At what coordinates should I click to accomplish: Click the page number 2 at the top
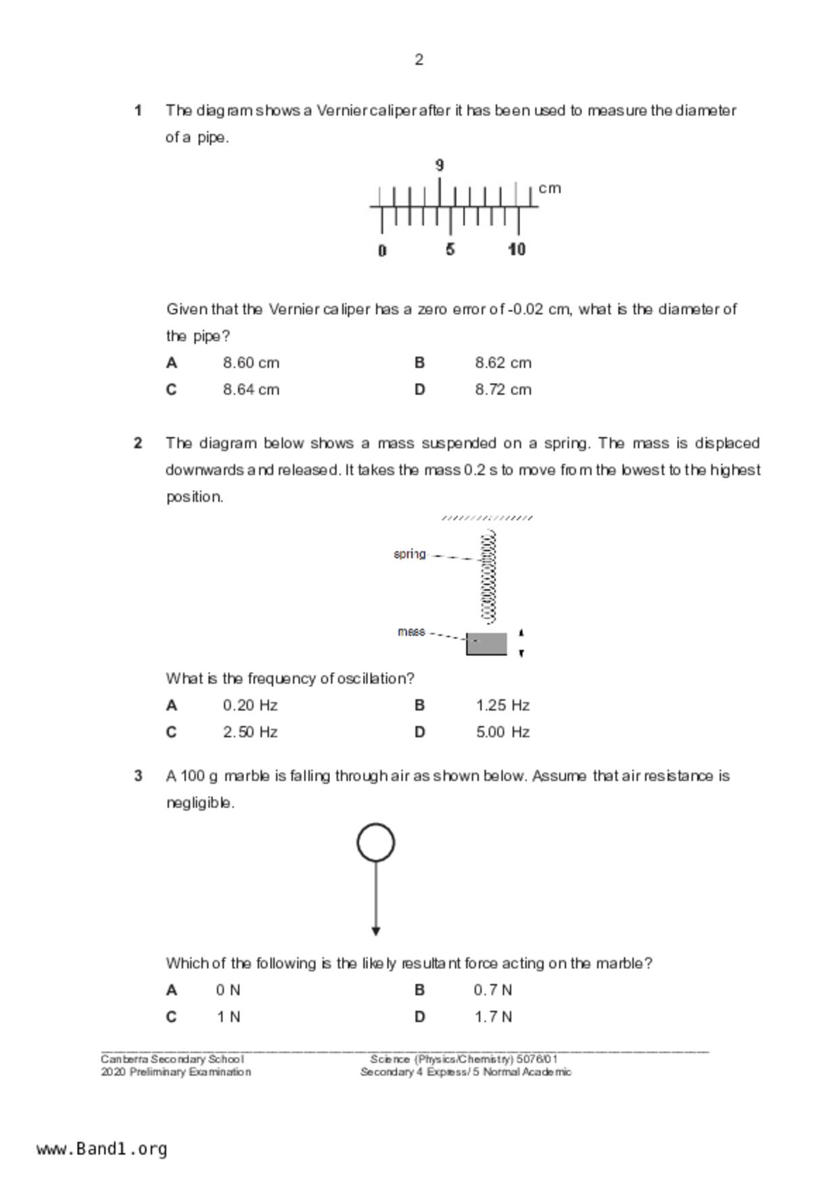[419, 60]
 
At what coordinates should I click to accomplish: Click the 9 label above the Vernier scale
[440, 165]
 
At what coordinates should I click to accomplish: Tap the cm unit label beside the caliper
[550, 188]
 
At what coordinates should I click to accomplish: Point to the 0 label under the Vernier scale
[382, 250]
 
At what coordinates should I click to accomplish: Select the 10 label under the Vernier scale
[517, 250]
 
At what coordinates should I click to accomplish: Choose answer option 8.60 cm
[251, 363]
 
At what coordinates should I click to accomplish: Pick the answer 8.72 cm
[503, 390]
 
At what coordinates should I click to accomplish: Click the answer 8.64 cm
[251, 390]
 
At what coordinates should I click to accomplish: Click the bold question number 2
[138, 443]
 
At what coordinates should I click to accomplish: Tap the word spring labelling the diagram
[410, 554]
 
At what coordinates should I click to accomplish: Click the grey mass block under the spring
[486, 644]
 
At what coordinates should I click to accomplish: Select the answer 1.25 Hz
[503, 705]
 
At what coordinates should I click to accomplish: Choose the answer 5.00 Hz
[503, 732]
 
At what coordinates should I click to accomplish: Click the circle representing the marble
[376, 843]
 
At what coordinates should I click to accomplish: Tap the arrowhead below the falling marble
[376, 931]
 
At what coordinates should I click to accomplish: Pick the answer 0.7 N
[492, 990]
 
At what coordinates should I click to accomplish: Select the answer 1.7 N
[492, 1017]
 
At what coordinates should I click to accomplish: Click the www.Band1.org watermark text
[101, 1148]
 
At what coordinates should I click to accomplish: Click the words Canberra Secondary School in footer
[172, 1059]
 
